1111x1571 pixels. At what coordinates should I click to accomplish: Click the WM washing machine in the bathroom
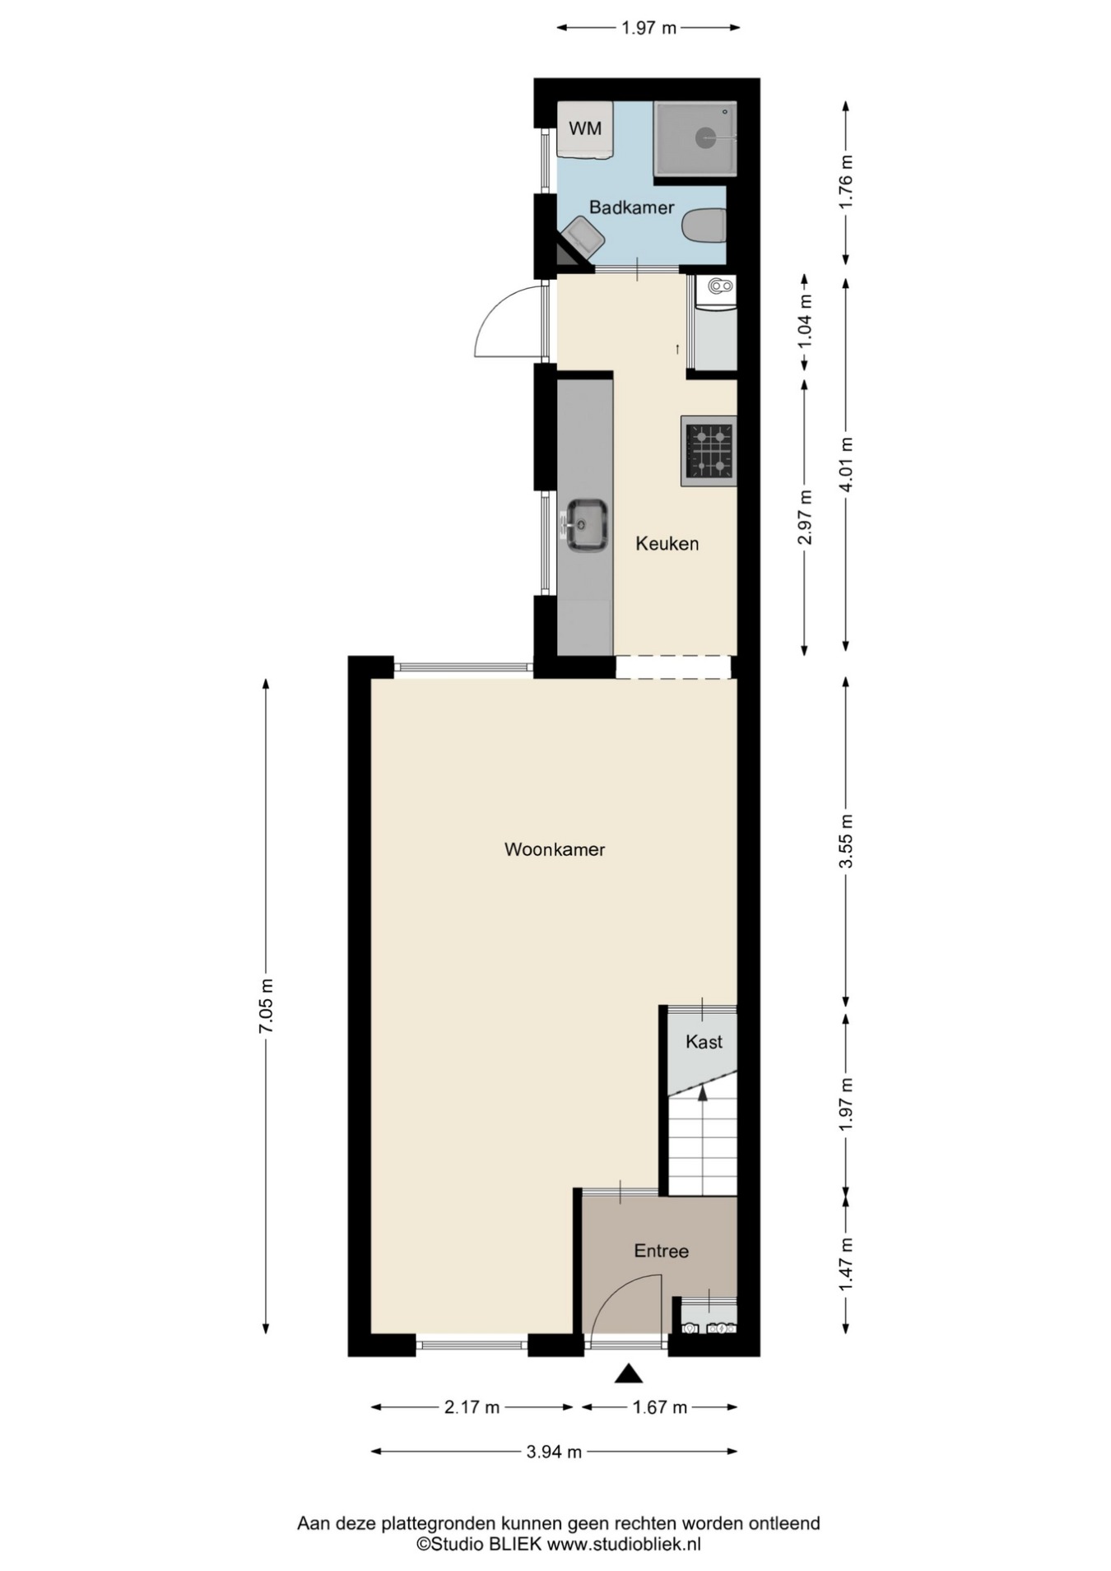click(x=584, y=129)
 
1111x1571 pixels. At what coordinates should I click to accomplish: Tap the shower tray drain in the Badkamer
click(x=705, y=137)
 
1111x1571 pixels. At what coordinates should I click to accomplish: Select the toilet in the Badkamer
click(x=705, y=225)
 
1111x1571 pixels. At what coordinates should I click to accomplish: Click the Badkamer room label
click(x=631, y=207)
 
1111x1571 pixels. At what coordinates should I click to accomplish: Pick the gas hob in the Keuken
click(x=709, y=451)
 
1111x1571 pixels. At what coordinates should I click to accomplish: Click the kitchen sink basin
click(x=587, y=524)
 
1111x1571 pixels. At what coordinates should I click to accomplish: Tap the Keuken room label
click(x=667, y=543)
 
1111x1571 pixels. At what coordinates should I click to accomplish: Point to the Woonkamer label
click(x=555, y=849)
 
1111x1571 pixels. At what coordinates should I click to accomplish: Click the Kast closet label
click(x=704, y=1042)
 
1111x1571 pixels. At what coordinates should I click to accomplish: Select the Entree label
click(x=661, y=1251)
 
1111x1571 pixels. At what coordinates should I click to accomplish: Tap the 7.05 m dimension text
click(x=265, y=1006)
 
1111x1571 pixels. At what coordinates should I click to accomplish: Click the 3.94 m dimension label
click(x=554, y=1452)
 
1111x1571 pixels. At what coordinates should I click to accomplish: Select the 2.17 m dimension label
click(x=472, y=1407)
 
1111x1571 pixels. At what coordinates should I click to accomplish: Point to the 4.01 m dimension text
click(x=846, y=463)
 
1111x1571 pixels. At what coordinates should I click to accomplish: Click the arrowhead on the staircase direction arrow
click(x=702, y=1093)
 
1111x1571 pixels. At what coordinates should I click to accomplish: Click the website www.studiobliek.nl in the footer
click(x=624, y=1545)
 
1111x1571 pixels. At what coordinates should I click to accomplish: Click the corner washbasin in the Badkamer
click(x=581, y=239)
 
